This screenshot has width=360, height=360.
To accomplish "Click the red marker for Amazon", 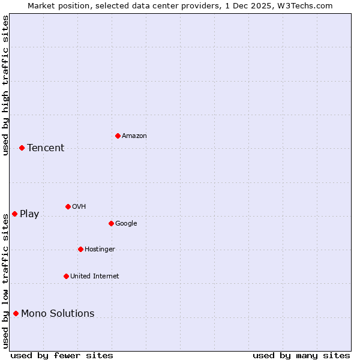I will [118, 136].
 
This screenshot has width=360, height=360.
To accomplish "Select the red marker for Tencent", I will [22, 148].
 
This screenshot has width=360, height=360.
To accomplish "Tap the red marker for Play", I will [14, 214].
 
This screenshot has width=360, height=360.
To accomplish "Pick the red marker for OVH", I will [68, 206].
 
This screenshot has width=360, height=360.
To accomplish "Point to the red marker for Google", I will [111, 223].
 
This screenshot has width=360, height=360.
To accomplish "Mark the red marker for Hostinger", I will [80, 249].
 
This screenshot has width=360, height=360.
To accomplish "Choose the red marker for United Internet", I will [66, 276].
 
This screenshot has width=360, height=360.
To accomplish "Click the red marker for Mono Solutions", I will [16, 313].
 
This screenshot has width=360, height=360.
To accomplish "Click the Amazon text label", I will [134, 136].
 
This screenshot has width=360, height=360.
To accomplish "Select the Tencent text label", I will [46, 148].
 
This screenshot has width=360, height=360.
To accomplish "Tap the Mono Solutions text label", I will [58, 314].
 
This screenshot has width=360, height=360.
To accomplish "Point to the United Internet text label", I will [95, 277].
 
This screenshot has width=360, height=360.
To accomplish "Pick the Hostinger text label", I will [100, 250].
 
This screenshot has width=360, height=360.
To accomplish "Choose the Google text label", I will [126, 224].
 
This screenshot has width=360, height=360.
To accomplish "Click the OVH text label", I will [79, 207].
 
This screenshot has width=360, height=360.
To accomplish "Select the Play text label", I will [29, 214].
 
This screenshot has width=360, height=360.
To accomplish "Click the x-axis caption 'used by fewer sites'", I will [62, 356].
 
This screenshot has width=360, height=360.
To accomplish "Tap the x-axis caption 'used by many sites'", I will [301, 356].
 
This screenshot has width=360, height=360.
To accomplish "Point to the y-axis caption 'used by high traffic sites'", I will [5, 85].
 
